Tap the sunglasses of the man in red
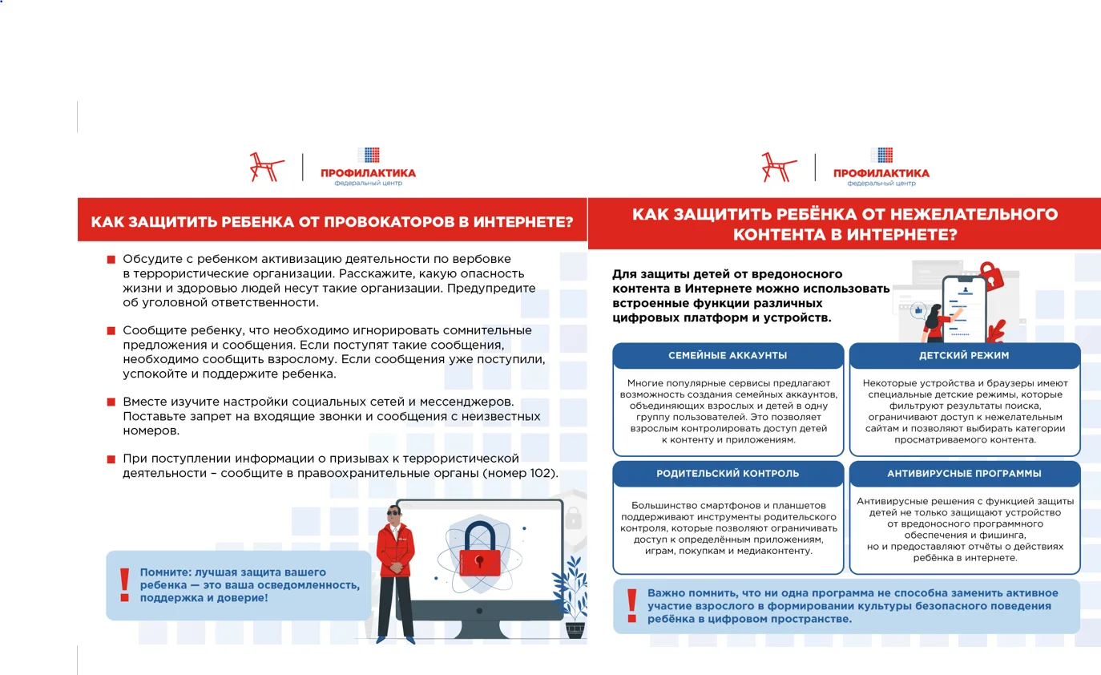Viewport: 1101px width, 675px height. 393,513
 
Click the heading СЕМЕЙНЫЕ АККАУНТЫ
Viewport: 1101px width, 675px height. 728,355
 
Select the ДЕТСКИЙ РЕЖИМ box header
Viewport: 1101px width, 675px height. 964,355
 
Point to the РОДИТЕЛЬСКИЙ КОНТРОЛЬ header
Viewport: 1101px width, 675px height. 728,474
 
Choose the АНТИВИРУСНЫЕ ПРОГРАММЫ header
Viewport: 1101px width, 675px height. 964,474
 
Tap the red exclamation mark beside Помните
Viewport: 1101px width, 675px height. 124,585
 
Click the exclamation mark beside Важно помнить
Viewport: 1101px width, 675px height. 632,606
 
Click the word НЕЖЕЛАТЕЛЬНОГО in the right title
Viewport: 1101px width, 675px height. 974,214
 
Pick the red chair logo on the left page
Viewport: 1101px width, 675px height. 266,168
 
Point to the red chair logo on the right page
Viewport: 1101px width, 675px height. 779,168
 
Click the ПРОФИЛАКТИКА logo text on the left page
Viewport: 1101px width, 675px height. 368,173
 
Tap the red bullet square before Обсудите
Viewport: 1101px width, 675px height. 111,259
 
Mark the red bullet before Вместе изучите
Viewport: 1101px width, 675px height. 111,402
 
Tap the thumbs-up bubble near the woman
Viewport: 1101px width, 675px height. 918,310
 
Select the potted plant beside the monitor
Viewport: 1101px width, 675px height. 571,597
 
